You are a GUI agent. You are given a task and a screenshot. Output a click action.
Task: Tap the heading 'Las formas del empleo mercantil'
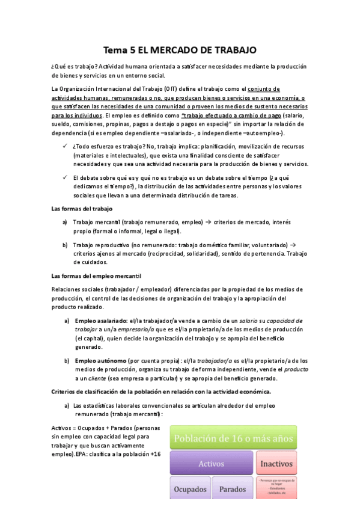[96, 276]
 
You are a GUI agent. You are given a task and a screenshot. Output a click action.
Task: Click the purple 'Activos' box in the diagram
[211, 464]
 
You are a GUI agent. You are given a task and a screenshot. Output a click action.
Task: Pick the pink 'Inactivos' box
[277, 464]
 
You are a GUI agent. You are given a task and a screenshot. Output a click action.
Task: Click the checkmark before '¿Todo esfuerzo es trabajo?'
[65, 146]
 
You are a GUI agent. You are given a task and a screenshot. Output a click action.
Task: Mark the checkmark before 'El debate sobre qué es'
[65, 177]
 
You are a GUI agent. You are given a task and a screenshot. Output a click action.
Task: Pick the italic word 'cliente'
[95, 378]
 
